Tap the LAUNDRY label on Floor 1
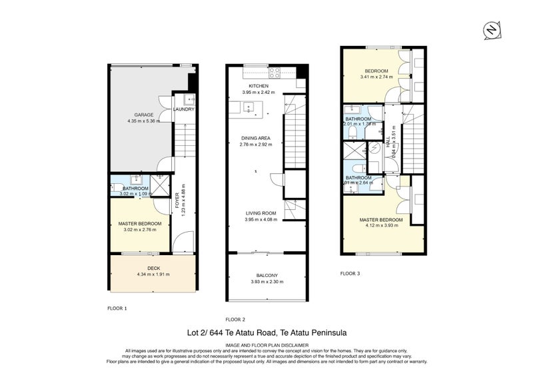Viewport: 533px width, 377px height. click(183, 109)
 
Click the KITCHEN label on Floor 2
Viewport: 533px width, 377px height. click(259, 86)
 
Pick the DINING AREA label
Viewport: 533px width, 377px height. click(255, 138)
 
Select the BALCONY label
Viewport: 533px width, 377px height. click(266, 275)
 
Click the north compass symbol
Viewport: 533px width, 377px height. click(490, 29)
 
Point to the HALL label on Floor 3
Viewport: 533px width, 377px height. click(388, 143)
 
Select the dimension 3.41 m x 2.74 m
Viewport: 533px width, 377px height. click(376, 77)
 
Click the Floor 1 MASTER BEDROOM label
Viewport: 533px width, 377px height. click(139, 223)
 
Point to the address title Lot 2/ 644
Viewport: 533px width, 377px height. click(266, 332)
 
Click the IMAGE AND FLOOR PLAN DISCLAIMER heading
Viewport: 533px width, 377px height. click(266, 344)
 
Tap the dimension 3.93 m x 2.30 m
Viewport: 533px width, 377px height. click(266, 282)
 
